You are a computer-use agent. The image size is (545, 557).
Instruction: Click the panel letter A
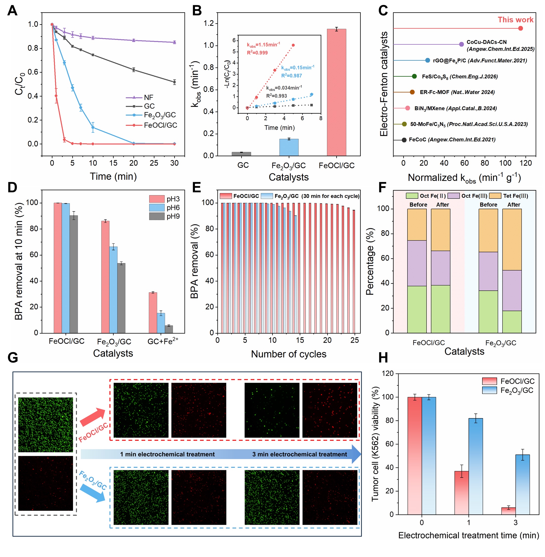[12, 11]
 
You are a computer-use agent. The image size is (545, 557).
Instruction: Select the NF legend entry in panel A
[140, 97]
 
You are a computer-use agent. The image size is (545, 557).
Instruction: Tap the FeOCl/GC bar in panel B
[336, 92]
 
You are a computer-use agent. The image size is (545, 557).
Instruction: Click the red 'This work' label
[515, 20]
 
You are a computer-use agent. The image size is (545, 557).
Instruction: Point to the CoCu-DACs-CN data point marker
[461, 44]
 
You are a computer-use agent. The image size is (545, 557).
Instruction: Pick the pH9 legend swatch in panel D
[157, 216]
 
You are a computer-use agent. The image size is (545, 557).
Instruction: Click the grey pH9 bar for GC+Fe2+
[169, 329]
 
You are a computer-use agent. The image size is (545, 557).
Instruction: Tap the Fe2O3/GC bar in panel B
[289, 147]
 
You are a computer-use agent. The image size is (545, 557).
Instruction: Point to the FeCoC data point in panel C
[404, 140]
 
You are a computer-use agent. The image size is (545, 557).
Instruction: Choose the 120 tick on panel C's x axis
[525, 163]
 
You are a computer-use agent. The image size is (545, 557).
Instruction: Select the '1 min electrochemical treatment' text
[167, 454]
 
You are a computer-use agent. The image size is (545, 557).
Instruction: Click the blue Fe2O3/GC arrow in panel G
[93, 493]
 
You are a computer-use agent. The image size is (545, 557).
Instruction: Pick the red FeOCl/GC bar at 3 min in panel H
[508, 511]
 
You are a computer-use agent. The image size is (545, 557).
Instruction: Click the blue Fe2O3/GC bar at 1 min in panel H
[476, 466]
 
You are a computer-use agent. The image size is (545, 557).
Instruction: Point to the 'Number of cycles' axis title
[288, 354]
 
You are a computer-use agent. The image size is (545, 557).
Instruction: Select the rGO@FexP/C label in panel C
[480, 60]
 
